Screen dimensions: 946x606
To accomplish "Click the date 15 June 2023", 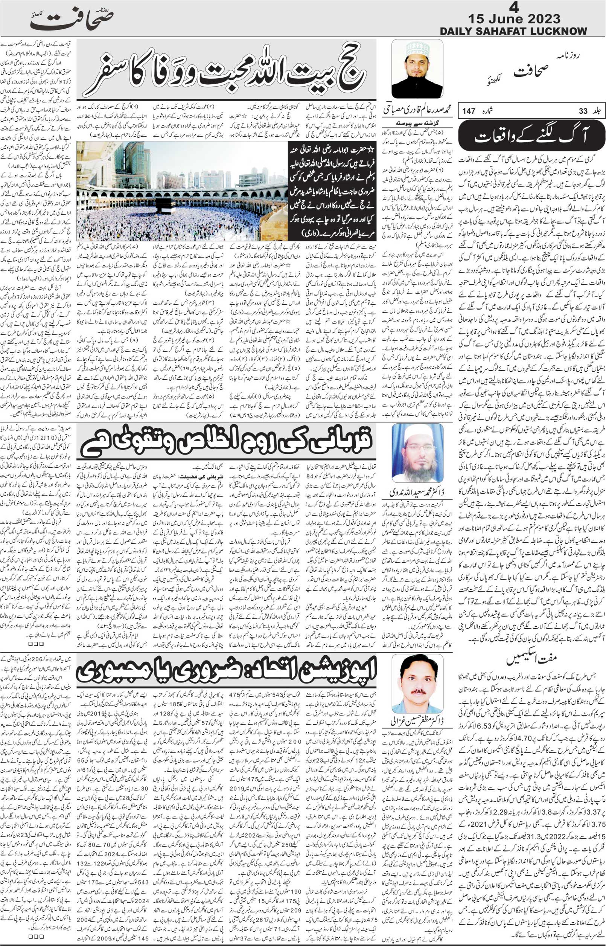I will [x=514, y=18].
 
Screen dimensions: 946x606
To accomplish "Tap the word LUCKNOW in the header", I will [x=557, y=31].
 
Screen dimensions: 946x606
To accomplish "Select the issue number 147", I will [x=469, y=111].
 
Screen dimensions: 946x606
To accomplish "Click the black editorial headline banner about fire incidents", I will [x=531, y=136].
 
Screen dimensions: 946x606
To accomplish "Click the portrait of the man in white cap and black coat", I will [x=417, y=69].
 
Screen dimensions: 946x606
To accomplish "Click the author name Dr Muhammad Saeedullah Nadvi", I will [x=417, y=492].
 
